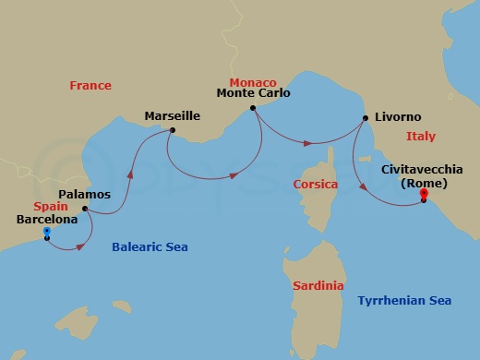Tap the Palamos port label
[84, 195]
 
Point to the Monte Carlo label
[253, 93]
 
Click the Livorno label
[398, 117]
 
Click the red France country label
[90, 86]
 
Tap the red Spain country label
[52, 208]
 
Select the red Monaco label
[253, 82]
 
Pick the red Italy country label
[420, 137]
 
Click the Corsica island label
[315, 185]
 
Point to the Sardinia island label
[318, 286]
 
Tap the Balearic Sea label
[143, 246]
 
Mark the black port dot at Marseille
[171, 130]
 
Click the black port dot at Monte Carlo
[252, 108]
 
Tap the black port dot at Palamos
[84, 208]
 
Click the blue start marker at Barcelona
[46, 232]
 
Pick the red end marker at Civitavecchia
[423, 193]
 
